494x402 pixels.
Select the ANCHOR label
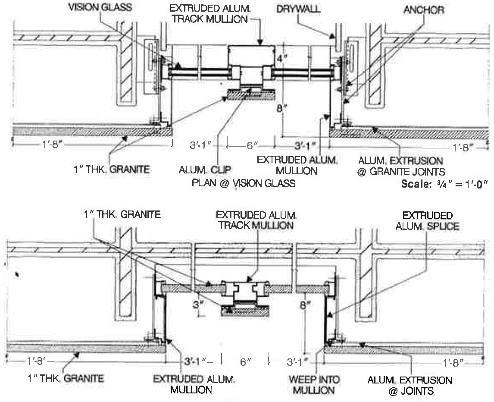click(x=424, y=9)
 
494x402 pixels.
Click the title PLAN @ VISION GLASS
click(x=243, y=183)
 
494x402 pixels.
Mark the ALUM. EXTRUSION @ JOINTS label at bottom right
click(x=409, y=386)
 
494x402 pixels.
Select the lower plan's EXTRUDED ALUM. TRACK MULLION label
click(x=255, y=220)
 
